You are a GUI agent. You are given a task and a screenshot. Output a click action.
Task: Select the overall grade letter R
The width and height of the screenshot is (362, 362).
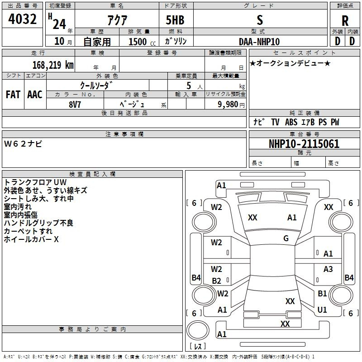[x=345, y=21]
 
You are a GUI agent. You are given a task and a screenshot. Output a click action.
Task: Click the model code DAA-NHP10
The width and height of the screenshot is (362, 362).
[x=259, y=42]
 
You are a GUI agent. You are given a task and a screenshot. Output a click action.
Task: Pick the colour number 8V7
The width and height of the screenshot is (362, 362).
[x=76, y=103]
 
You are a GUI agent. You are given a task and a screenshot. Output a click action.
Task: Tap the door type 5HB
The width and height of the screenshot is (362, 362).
[x=172, y=21]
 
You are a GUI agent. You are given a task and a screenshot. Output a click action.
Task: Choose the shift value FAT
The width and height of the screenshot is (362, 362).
[x=13, y=94]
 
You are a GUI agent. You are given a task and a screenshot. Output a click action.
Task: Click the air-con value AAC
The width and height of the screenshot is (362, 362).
[x=34, y=94]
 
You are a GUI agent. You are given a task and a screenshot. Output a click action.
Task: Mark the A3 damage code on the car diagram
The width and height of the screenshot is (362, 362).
[x=328, y=269]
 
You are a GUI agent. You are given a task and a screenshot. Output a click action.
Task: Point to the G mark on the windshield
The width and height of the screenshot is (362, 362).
[x=286, y=238]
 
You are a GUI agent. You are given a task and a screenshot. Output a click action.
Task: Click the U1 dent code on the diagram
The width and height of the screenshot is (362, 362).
[x=322, y=310]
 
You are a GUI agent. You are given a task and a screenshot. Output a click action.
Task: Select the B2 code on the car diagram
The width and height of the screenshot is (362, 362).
[x=217, y=281]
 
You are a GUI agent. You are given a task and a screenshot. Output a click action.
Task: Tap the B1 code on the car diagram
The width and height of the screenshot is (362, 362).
[x=322, y=294]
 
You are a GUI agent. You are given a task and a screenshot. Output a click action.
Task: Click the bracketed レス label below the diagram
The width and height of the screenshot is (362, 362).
[x=197, y=346]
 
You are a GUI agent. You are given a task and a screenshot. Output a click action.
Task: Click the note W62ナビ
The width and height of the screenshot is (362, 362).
[x=23, y=144]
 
